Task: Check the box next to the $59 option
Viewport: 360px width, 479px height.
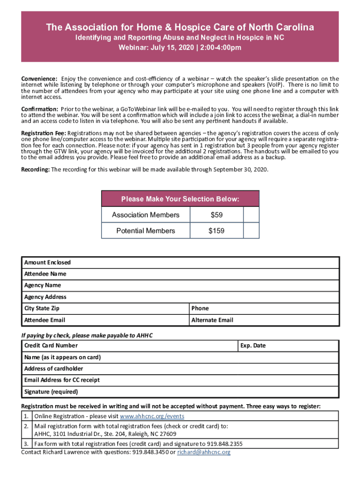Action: point(252,215)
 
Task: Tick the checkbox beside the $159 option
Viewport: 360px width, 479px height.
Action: point(252,231)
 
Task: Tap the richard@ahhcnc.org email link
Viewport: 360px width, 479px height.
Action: point(203,452)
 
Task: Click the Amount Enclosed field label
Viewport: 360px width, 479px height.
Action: point(48,262)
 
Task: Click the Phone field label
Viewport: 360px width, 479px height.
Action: point(200,308)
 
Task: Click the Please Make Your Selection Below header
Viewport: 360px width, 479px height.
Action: point(180,199)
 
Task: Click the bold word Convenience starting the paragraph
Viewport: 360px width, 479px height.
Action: point(39,78)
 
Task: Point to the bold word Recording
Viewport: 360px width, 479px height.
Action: point(36,169)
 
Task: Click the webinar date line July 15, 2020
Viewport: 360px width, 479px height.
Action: point(180,47)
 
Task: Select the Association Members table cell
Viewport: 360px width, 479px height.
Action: point(145,215)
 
